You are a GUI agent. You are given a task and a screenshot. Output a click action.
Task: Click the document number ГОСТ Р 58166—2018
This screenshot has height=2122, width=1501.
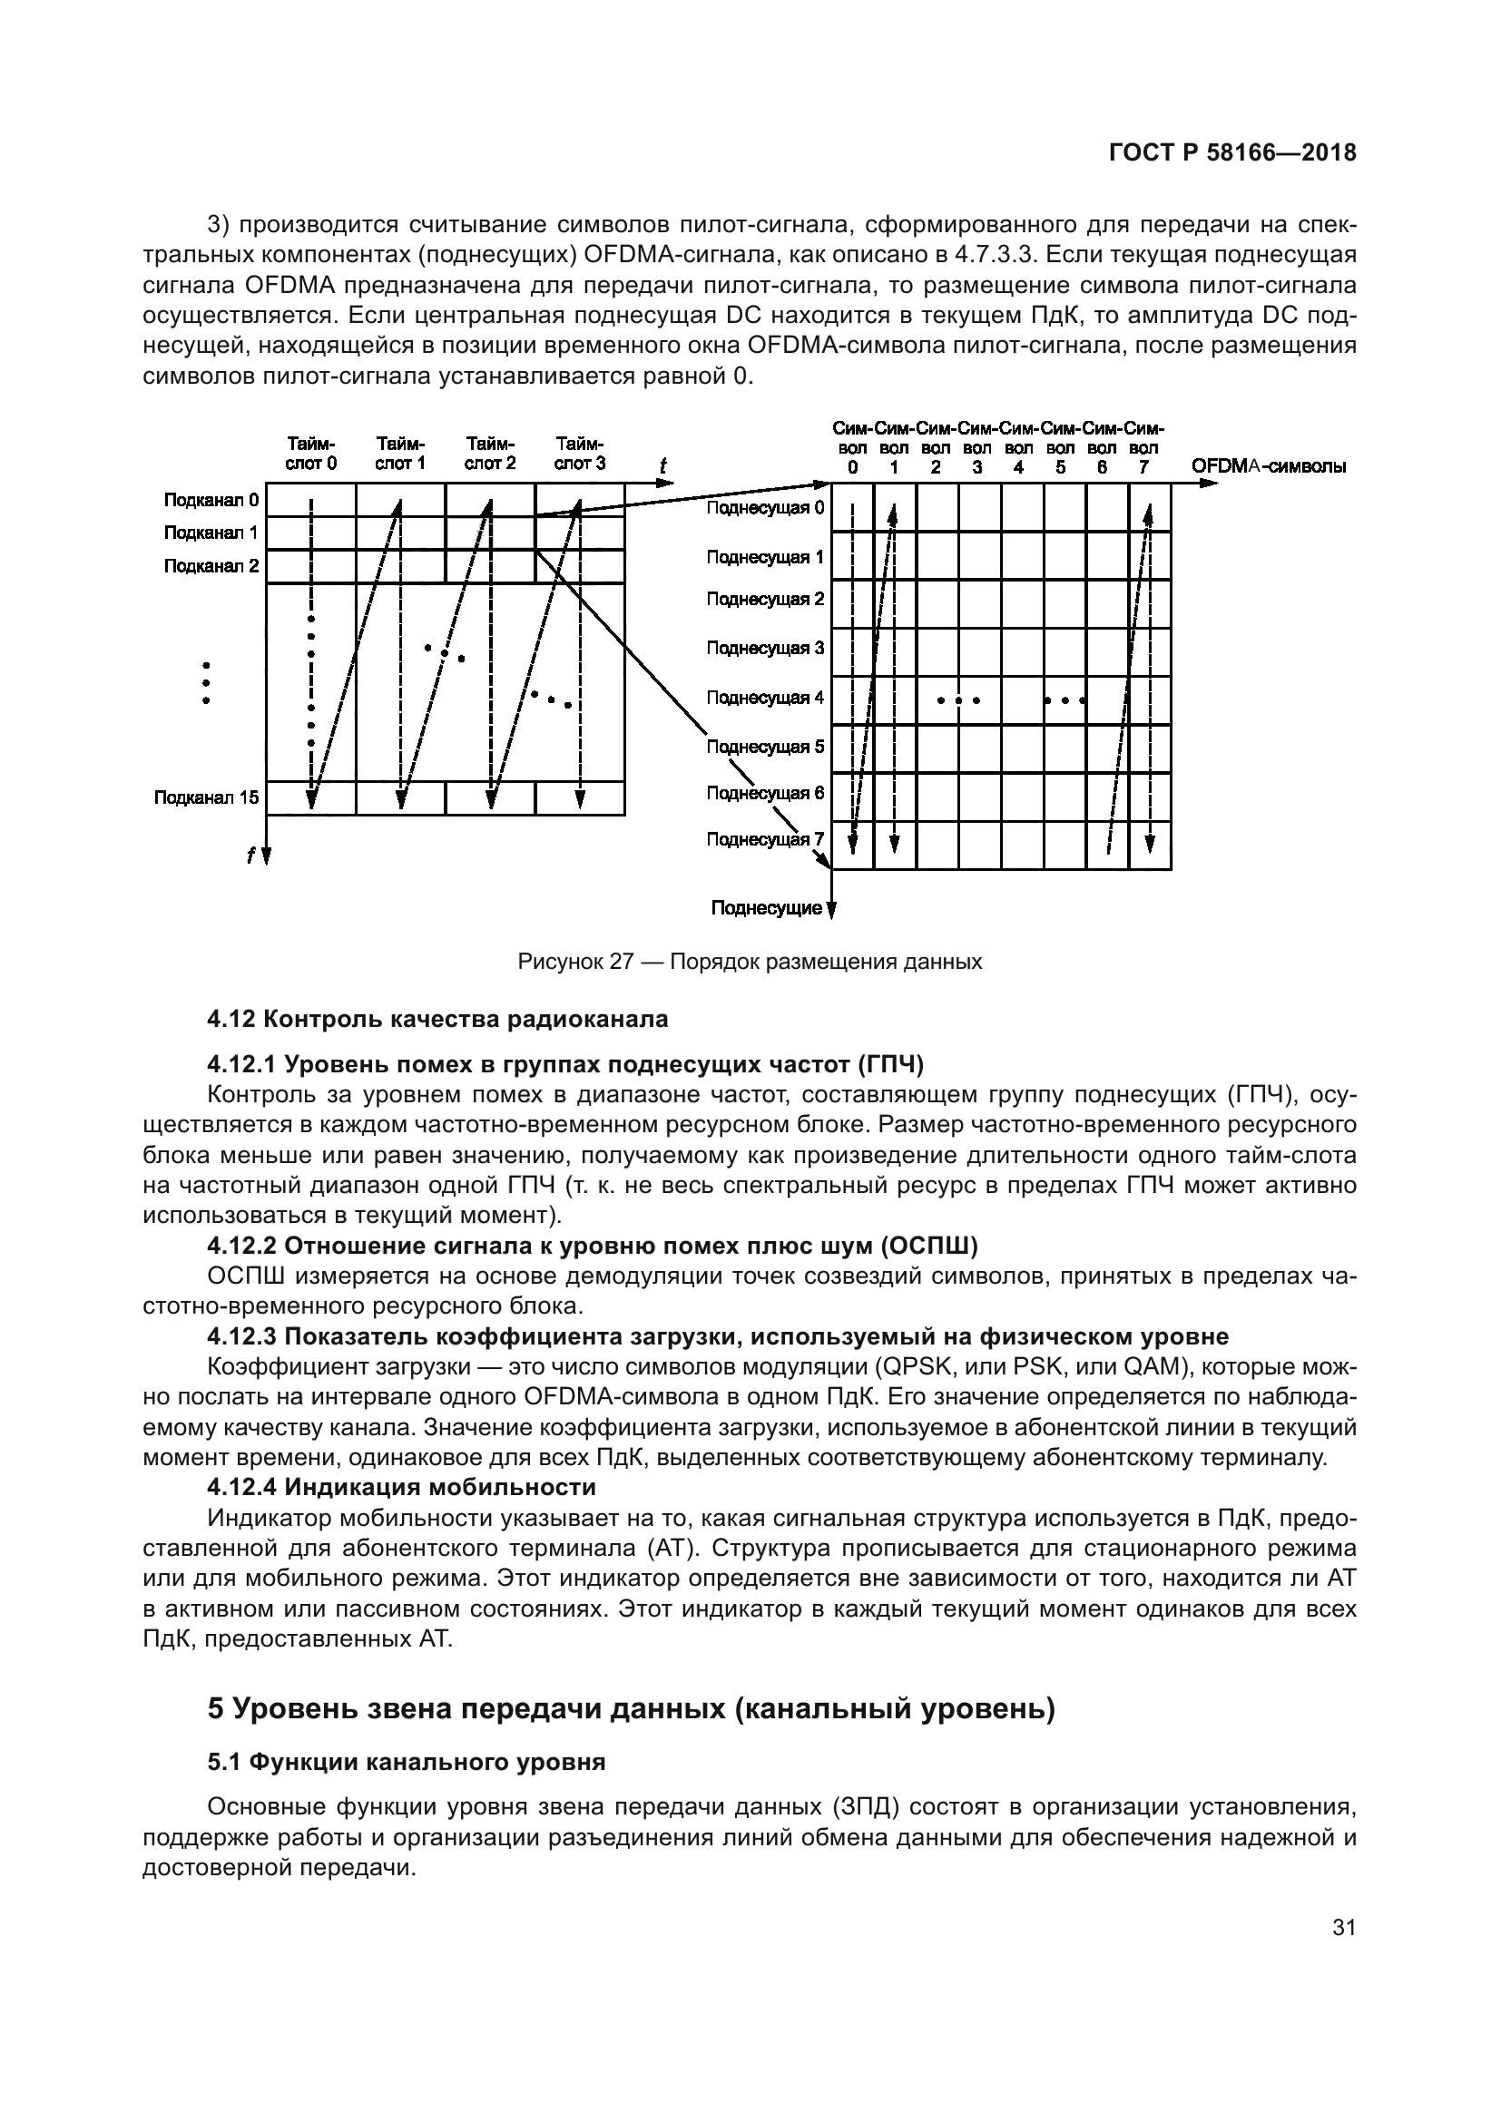1232,153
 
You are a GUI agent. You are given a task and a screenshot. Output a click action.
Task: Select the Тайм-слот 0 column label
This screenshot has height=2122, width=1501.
310,454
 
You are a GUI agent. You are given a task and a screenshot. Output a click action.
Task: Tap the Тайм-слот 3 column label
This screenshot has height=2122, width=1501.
580,454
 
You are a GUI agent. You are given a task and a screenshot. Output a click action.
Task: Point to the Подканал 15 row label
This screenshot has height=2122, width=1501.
206,797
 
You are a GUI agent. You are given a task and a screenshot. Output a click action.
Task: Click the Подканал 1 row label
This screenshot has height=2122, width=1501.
211,533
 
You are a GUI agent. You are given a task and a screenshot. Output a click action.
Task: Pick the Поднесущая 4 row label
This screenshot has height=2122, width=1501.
764,698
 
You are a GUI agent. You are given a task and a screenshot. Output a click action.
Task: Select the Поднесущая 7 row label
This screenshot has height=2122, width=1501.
764,839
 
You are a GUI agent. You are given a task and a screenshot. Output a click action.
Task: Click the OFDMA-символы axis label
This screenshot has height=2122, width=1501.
1268,466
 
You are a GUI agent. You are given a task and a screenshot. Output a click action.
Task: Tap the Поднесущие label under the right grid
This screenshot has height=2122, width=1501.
766,908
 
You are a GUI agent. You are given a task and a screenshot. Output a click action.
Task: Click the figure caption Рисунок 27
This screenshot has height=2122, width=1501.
750,962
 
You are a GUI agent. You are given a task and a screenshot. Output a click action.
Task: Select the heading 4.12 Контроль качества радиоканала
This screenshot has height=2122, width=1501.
437,1020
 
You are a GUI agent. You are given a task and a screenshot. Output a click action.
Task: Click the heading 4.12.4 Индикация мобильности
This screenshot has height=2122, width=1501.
401,1487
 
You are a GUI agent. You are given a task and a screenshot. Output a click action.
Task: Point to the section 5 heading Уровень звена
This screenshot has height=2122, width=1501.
631,1710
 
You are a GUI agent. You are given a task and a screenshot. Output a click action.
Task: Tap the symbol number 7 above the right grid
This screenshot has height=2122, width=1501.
1143,467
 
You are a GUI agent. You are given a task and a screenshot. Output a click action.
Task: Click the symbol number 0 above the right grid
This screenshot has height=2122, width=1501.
852,467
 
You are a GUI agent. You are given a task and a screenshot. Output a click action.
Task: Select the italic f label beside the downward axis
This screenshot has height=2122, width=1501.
250,856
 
